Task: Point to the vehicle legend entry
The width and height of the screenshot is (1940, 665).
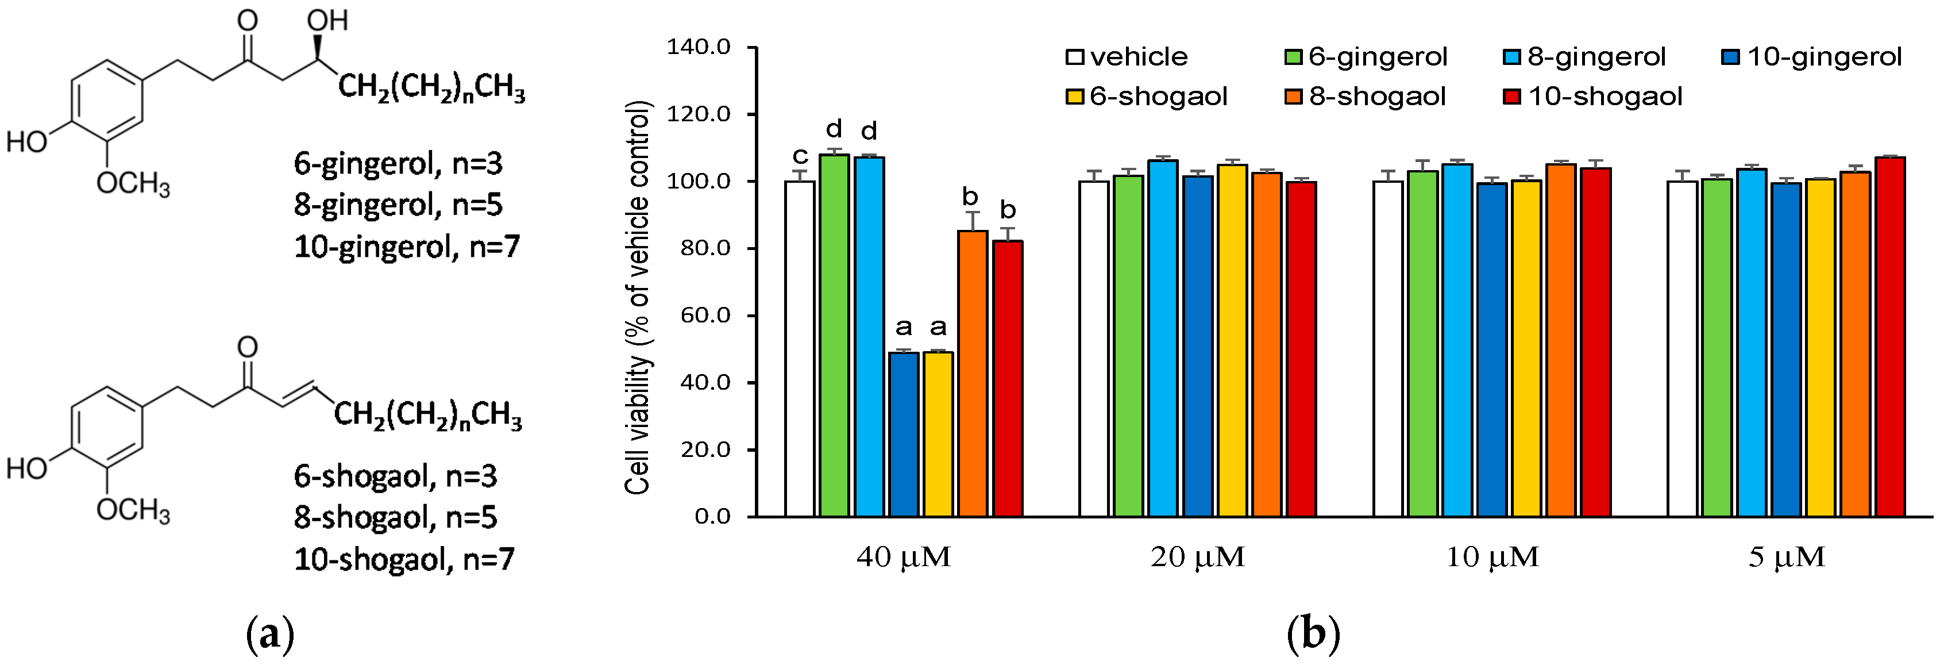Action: point(1127,56)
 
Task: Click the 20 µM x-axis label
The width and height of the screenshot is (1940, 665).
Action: point(1197,558)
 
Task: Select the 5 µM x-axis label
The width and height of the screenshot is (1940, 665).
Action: point(1787,558)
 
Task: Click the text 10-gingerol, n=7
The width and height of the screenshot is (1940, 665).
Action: point(407,246)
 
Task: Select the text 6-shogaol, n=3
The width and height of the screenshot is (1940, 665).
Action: point(395,476)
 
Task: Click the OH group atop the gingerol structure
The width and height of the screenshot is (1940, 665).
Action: point(327,20)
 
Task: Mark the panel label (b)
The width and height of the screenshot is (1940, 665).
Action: point(1313,634)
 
